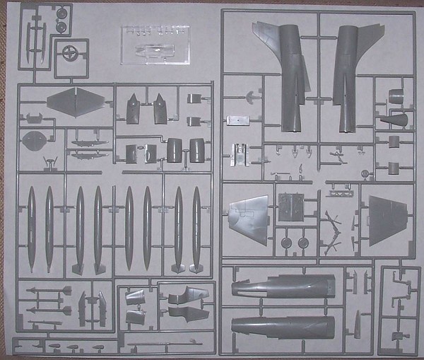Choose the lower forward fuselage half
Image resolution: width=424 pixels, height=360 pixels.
tap(283, 327)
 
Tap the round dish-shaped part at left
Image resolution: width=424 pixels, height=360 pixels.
tap(34, 140)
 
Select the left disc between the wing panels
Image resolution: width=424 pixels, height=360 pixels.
tap(286, 243)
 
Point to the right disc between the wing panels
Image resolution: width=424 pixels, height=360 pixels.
tap(304, 243)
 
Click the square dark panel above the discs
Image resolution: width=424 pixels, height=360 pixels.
tap(290, 206)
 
